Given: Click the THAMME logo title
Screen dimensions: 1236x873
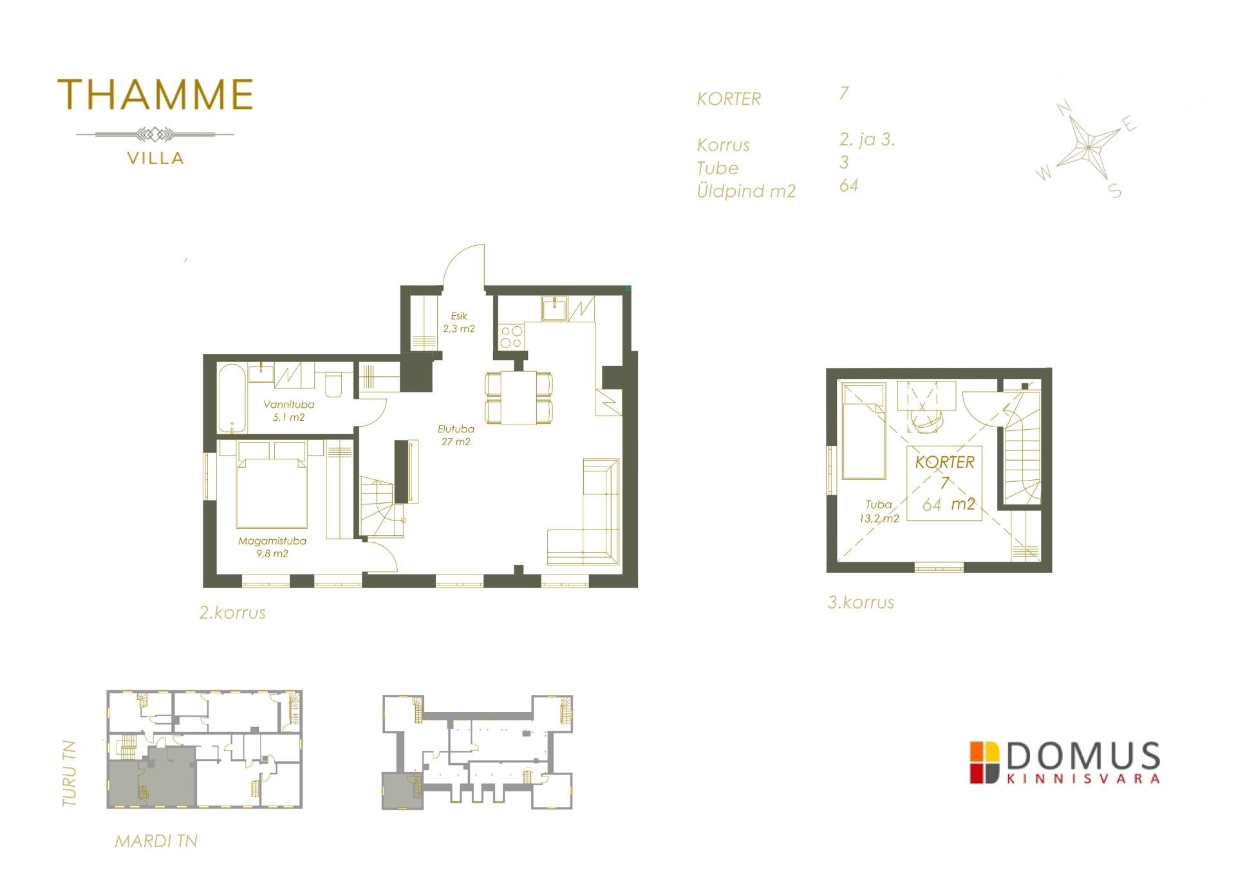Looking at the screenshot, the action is click(156, 95).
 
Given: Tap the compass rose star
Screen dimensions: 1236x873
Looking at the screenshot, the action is click(1088, 147).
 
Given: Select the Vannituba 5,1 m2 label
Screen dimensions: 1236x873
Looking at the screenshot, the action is click(288, 411).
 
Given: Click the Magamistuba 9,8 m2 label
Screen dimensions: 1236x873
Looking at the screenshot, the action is click(272, 547).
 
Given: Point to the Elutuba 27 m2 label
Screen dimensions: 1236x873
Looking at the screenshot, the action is click(456, 436).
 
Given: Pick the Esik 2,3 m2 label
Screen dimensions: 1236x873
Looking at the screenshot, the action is click(458, 322).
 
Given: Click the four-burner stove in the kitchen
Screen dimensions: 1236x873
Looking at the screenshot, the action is click(511, 336).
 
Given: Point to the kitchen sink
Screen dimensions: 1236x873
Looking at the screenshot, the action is click(554, 308).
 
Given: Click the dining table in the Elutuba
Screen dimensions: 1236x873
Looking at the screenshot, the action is click(518, 398).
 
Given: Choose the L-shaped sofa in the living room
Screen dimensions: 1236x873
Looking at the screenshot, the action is click(583, 511).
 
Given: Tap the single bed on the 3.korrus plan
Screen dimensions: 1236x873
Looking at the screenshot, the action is click(864, 430).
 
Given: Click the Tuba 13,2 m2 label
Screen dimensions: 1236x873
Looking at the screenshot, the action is click(879, 511).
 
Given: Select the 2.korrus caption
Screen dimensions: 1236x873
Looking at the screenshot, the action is click(232, 612).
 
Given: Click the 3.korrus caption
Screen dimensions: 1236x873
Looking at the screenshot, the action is click(861, 603).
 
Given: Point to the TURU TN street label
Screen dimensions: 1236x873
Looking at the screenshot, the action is click(70, 774).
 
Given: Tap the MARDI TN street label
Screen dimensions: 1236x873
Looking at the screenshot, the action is click(156, 841).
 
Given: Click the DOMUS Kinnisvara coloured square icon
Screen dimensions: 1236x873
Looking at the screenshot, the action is click(985, 762).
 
